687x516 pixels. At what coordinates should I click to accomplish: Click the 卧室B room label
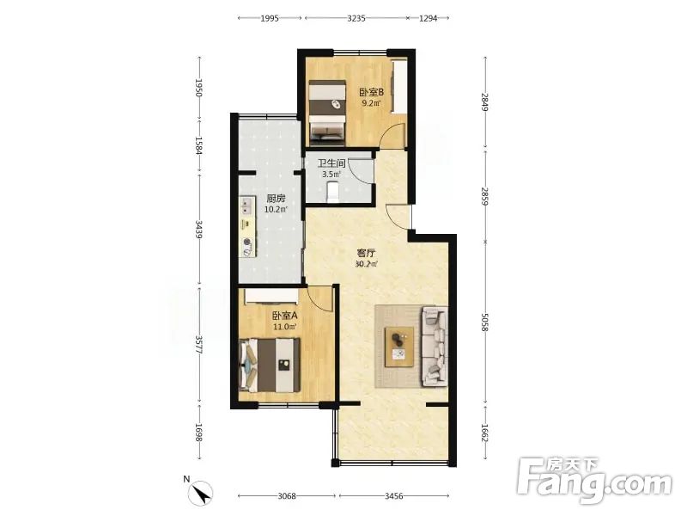click(x=372, y=93)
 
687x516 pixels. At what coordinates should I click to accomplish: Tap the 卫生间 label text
click(x=331, y=163)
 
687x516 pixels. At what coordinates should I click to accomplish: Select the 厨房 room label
click(x=276, y=199)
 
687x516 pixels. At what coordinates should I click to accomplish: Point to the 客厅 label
click(x=367, y=253)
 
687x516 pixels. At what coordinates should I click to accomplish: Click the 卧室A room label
click(x=285, y=316)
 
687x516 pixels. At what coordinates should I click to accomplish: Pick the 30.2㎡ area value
click(x=367, y=264)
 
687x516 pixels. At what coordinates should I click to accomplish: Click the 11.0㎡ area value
click(x=285, y=327)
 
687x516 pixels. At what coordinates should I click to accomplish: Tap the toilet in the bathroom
click(x=333, y=192)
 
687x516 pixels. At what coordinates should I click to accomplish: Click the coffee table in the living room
click(x=399, y=347)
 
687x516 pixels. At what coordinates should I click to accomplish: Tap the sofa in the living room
click(x=435, y=347)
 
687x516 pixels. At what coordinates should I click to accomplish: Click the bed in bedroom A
click(x=270, y=365)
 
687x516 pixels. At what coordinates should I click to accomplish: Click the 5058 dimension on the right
click(x=484, y=322)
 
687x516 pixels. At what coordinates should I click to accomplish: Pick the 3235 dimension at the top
click(x=356, y=18)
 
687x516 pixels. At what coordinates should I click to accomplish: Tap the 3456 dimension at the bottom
click(x=394, y=496)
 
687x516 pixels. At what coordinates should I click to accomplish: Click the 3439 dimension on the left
click(x=199, y=230)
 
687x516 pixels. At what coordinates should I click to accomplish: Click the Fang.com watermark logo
click(x=594, y=481)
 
